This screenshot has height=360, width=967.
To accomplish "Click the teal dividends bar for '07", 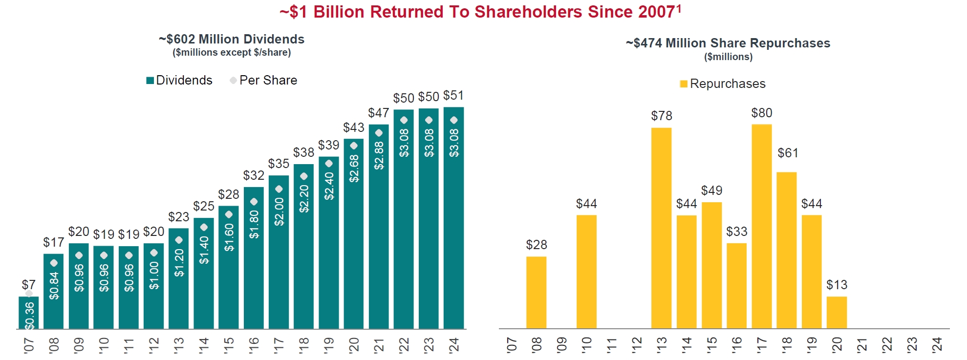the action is tap(29, 313).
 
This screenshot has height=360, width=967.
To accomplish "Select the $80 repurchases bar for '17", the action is tap(762, 226).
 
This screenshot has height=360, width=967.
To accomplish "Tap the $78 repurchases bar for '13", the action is tap(662, 228).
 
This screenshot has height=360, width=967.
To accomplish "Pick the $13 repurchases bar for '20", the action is tap(837, 313).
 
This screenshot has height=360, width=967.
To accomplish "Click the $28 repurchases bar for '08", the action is tap(537, 293).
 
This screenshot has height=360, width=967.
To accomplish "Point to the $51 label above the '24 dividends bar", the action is tap(453, 95).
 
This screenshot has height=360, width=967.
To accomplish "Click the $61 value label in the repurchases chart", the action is tap(788, 153).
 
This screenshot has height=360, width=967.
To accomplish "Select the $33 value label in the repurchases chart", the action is tap(737, 232).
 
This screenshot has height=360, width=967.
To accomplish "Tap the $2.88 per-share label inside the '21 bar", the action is tap(379, 155).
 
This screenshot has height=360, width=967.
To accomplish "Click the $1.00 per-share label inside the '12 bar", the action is tap(154, 275).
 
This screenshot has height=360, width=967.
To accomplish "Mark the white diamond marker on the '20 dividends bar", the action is tap(354, 146).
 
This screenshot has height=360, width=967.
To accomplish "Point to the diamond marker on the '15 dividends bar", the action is tap(229, 214).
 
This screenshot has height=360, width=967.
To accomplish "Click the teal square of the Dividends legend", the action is tap(150, 81).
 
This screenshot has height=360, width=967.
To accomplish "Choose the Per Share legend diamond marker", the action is tap(233, 80).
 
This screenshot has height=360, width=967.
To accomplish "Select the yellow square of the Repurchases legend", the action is tap(684, 84).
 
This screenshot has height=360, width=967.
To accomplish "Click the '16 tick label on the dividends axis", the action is tap(254, 345).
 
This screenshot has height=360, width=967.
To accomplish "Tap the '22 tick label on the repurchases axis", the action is tap(887, 345).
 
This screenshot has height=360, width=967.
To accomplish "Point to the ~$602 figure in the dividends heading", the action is tap(178, 39).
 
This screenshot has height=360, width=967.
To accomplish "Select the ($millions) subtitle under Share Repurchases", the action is tap(728, 57).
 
